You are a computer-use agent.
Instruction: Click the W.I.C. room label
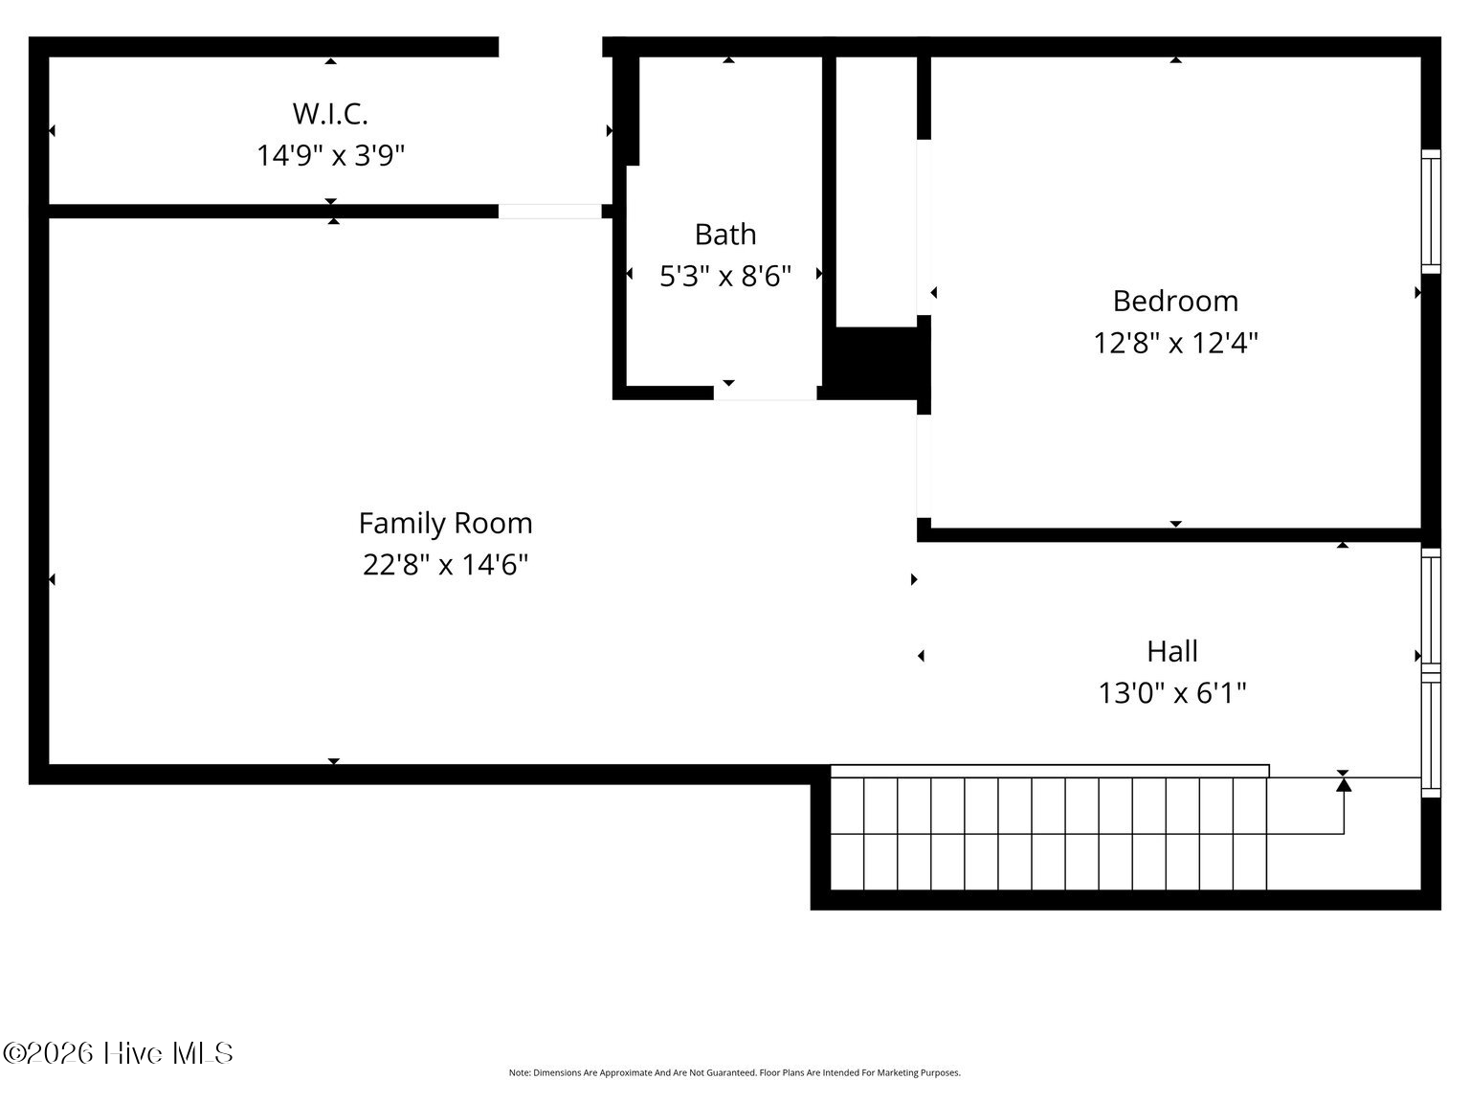click(x=330, y=114)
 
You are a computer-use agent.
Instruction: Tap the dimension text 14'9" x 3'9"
click(x=331, y=155)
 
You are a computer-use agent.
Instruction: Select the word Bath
click(x=725, y=235)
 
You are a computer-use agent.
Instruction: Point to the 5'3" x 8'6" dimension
click(x=725, y=276)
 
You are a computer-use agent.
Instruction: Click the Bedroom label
click(x=1175, y=302)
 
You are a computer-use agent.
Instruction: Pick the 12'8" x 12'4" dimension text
click(x=1175, y=343)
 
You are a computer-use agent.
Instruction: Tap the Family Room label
click(x=445, y=523)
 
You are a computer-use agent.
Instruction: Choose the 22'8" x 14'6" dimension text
click(x=445, y=565)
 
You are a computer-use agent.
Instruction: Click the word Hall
click(x=1172, y=651)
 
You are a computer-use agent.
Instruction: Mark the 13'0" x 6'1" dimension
click(x=1172, y=692)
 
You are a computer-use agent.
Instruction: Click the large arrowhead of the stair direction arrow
click(x=1344, y=783)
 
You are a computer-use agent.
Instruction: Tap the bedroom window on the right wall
click(x=1431, y=212)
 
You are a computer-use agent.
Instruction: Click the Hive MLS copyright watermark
click(x=118, y=1053)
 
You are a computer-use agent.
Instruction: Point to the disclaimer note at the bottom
click(x=735, y=1073)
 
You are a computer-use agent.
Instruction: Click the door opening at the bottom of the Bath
click(x=765, y=394)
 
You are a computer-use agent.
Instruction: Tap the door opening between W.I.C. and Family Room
click(x=550, y=212)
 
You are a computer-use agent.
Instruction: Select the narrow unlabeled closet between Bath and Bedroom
click(x=876, y=192)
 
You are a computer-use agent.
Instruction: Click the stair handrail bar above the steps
click(x=1050, y=771)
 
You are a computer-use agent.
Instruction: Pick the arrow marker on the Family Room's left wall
click(x=52, y=579)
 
